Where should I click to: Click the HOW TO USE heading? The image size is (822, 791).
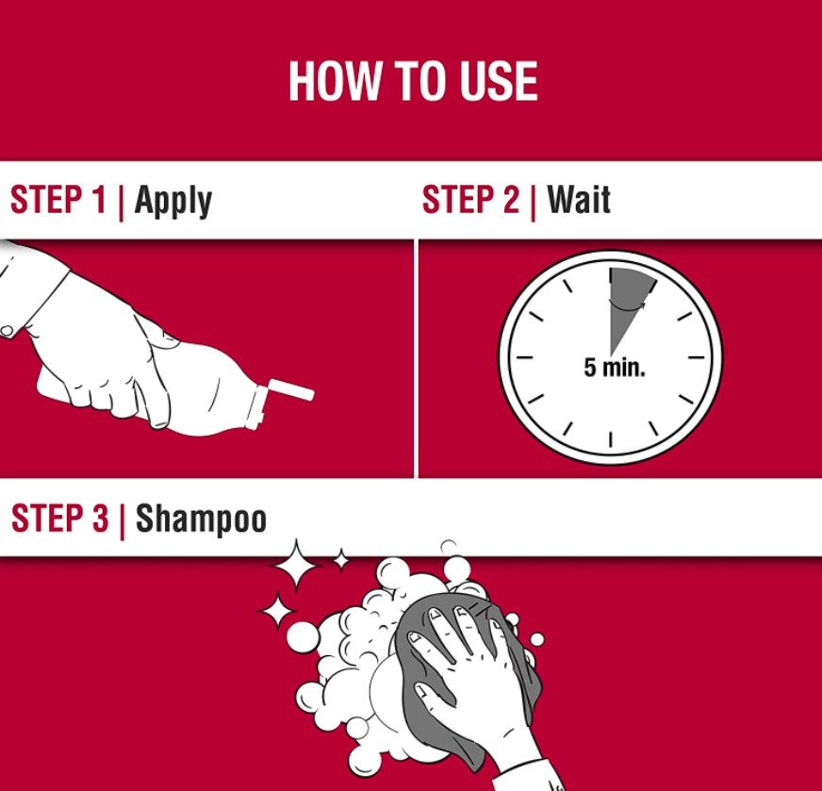[x=413, y=81]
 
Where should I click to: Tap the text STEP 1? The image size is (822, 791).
[x=58, y=200]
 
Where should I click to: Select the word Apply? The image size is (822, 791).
[x=173, y=202]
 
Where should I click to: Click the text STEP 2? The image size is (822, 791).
[x=470, y=200]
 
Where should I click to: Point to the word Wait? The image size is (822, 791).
[x=579, y=200]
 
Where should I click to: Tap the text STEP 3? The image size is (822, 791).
[x=59, y=518]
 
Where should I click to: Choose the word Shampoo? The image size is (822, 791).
[x=202, y=519]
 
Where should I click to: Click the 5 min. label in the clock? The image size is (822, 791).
[x=615, y=368]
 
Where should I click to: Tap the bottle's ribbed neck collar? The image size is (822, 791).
[x=259, y=404]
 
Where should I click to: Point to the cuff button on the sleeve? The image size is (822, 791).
[x=7, y=331]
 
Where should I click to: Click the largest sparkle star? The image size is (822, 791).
[x=295, y=566]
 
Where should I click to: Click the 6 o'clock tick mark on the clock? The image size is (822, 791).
[x=610, y=439]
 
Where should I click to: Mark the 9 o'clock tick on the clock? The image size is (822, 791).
[x=525, y=358]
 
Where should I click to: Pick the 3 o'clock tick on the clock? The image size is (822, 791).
[x=696, y=358]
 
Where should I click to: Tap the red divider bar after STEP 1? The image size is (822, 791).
[x=122, y=202]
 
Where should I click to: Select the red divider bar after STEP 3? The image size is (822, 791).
[x=123, y=520]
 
